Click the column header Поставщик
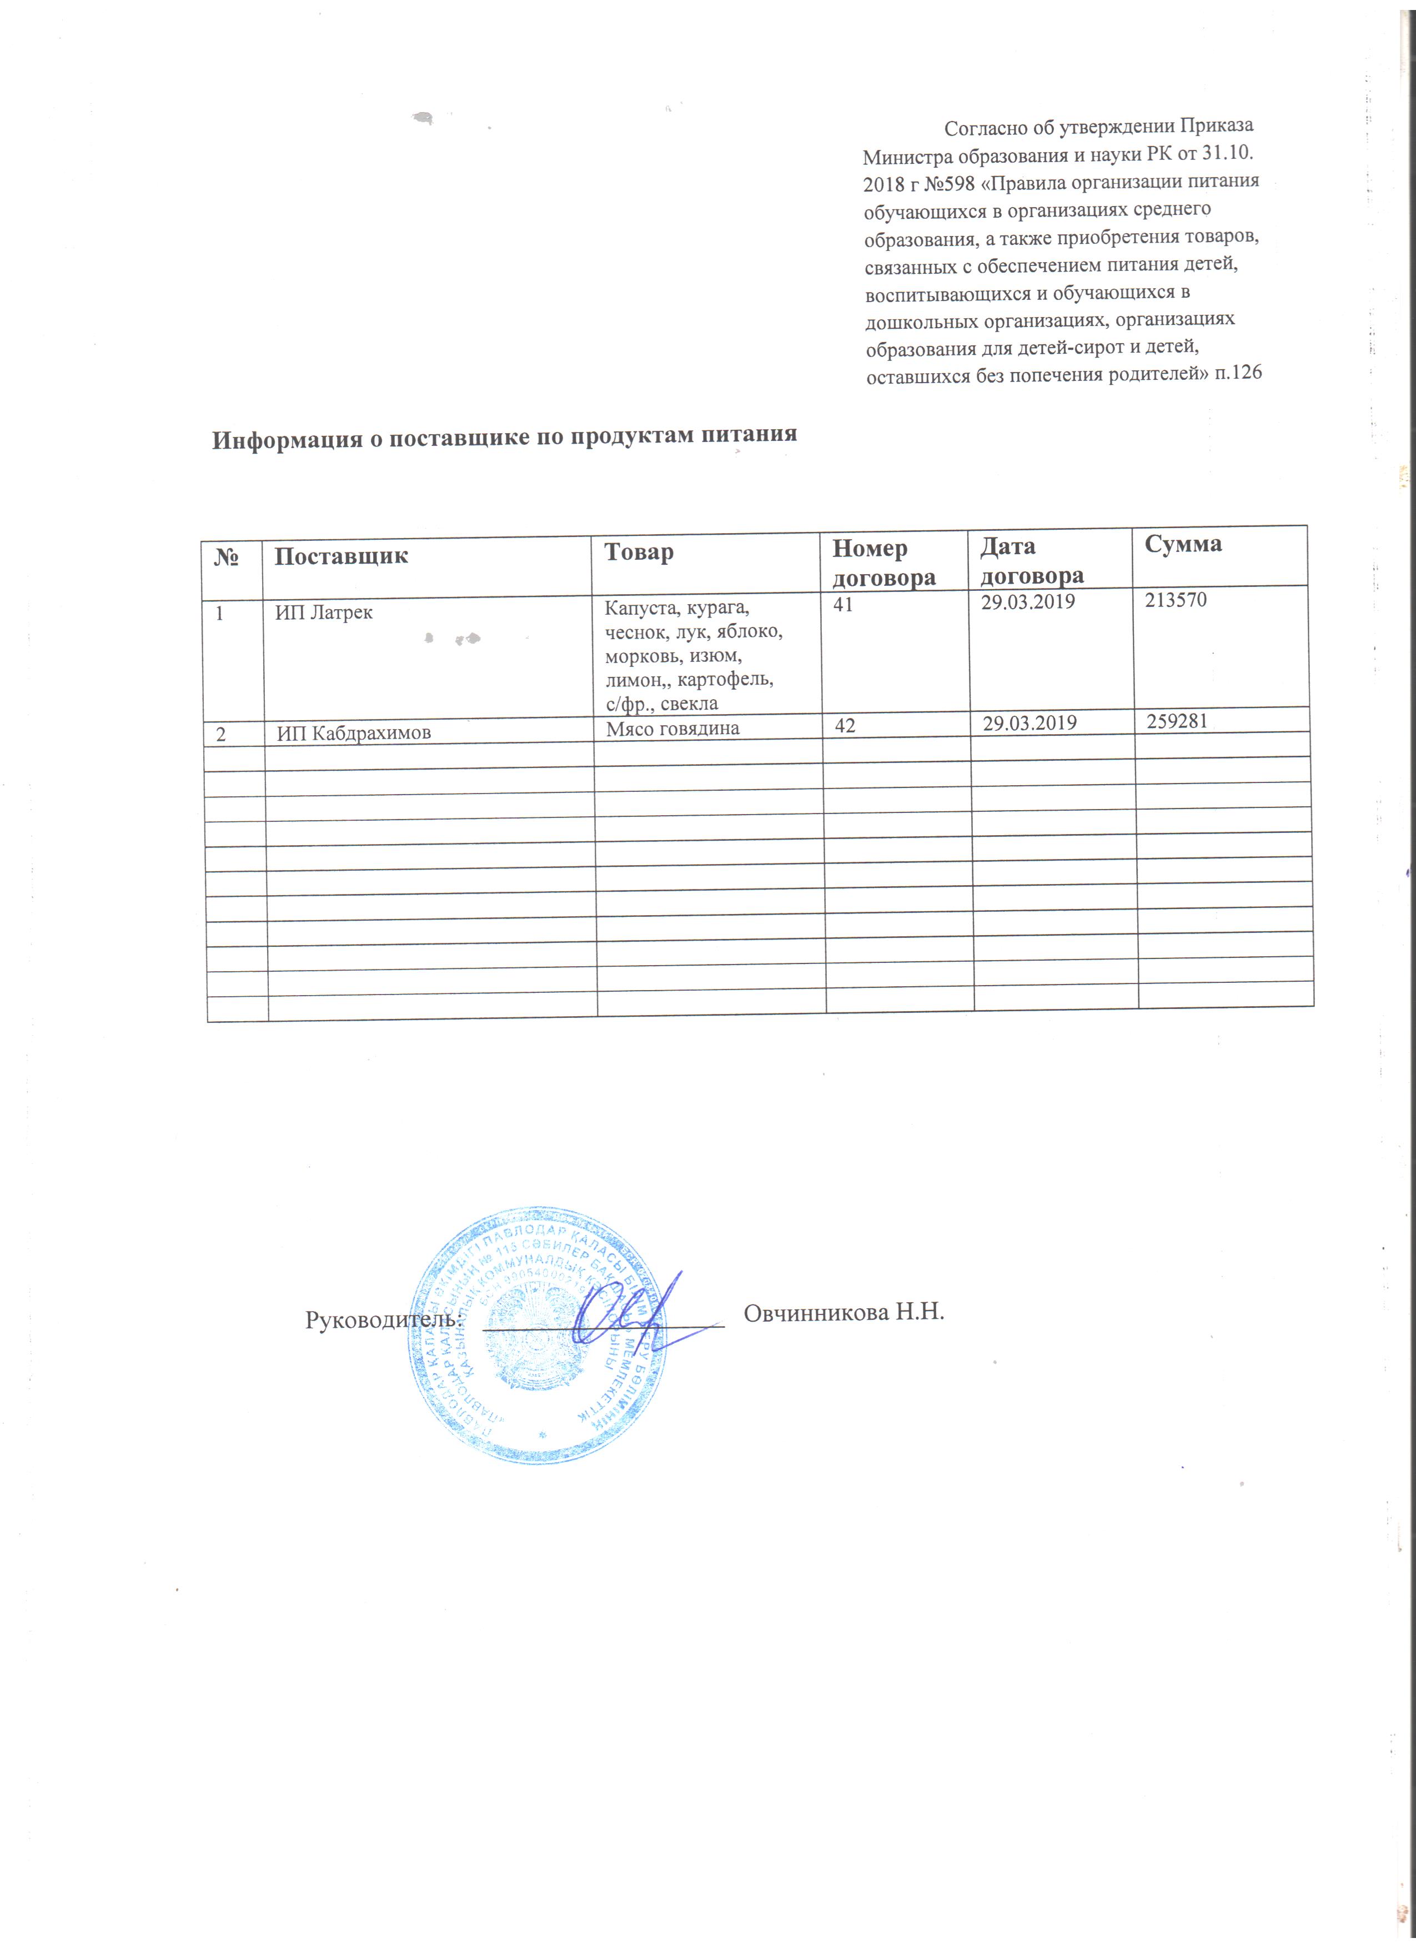(341, 556)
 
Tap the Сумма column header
(1182, 544)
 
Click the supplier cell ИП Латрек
(324, 613)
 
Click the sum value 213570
(1176, 600)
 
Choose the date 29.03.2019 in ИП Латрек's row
(1028, 602)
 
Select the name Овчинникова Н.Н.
(843, 1312)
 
